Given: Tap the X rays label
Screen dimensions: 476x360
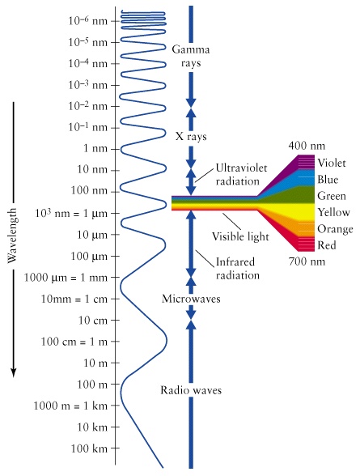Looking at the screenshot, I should (x=191, y=137).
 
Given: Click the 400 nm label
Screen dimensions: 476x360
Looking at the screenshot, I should (x=307, y=145).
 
